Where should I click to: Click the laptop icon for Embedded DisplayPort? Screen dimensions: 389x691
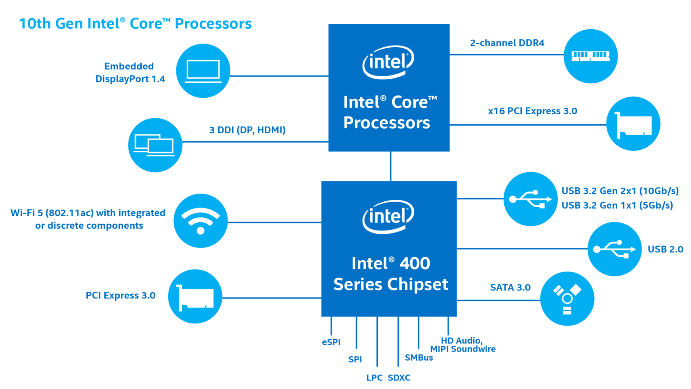[203, 71]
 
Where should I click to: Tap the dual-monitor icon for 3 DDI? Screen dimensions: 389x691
[155, 145]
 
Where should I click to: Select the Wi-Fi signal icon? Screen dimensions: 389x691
[201, 221]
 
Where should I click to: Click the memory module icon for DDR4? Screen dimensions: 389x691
[591, 56]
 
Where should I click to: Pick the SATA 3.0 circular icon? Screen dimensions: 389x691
[567, 299]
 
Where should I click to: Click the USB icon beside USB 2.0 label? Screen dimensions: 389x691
[615, 249]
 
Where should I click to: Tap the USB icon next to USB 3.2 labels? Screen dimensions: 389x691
[531, 199]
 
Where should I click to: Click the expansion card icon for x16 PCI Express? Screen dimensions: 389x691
[633, 124]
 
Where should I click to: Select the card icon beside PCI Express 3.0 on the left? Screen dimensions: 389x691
[195, 296]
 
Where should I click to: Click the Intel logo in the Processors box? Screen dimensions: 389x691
[388, 62]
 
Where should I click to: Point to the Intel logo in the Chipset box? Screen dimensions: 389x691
[388, 217]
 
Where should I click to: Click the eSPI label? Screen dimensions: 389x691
[331, 342]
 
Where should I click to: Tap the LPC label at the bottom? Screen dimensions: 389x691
[374, 378]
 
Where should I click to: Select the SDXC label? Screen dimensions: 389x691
[399, 378]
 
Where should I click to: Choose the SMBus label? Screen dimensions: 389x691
[419, 357]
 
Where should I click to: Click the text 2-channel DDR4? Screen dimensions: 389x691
[507, 43]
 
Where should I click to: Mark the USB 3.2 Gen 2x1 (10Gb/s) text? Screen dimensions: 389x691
[620, 191]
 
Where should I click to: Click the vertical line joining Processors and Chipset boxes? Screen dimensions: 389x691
[390, 166]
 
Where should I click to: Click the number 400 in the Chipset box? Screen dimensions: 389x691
[415, 263]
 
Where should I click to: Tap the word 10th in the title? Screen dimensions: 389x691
[35, 23]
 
